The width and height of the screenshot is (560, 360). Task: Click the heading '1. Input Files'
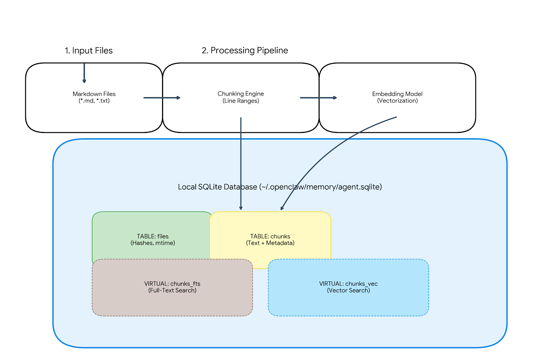click(x=89, y=51)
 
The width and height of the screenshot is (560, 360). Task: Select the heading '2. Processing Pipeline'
click(x=245, y=50)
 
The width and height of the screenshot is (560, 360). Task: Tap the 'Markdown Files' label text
click(x=94, y=94)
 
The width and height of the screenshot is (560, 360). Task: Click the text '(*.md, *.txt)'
click(x=94, y=101)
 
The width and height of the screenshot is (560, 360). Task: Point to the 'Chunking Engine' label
click(x=240, y=94)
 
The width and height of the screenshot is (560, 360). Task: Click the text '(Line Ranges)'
click(x=240, y=101)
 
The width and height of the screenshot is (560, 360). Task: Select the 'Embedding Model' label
click(x=397, y=94)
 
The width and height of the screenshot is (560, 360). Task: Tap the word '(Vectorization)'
click(x=397, y=101)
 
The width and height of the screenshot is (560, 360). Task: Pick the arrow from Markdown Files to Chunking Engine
click(x=161, y=98)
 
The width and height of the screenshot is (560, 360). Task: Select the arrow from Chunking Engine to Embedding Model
click(x=318, y=98)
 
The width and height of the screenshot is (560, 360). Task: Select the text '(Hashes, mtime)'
click(x=153, y=243)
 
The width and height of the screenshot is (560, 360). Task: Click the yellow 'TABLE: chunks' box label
click(x=270, y=237)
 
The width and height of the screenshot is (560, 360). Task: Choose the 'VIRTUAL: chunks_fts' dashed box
click(x=172, y=301)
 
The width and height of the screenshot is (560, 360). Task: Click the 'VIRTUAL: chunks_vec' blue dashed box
click(x=348, y=301)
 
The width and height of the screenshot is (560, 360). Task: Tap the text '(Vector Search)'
click(x=348, y=290)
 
